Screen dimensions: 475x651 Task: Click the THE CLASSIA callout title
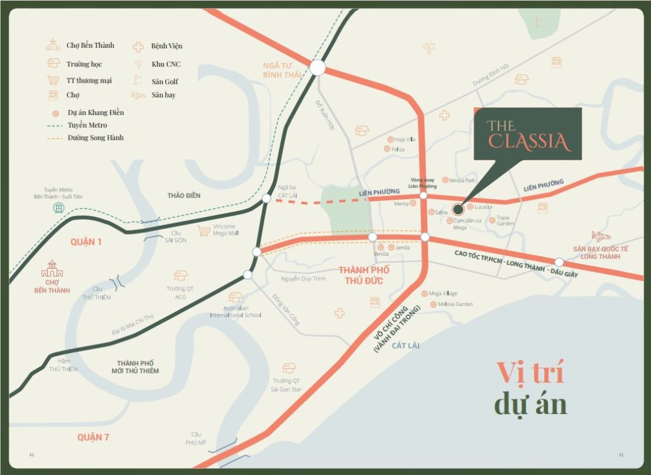[x=528, y=134]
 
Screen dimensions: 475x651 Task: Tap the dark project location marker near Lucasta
[x=458, y=209]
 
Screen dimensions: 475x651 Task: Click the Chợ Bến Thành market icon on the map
[x=52, y=270]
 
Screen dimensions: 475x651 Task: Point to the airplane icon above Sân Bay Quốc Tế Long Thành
[x=600, y=236]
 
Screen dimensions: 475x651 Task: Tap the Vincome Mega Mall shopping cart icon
[x=203, y=230]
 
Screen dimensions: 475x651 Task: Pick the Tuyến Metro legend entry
[x=87, y=125]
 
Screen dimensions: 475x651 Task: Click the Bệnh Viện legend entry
[x=166, y=46]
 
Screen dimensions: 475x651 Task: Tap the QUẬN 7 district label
[x=93, y=437]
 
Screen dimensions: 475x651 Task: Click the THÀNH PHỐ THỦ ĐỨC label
[x=364, y=275]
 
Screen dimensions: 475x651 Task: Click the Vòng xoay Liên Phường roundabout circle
[x=423, y=196]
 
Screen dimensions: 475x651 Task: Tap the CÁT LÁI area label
[x=406, y=345]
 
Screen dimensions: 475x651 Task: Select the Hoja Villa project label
[x=404, y=139]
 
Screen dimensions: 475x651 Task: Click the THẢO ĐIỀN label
[x=184, y=195]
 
